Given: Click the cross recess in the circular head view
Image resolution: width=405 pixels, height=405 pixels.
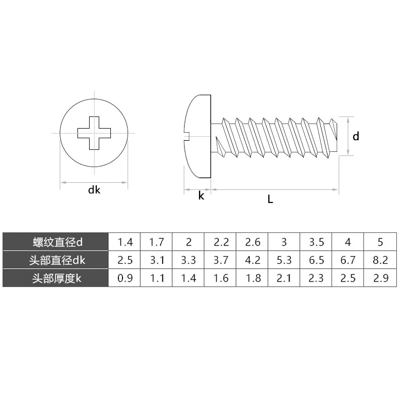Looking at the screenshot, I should (x=93, y=133).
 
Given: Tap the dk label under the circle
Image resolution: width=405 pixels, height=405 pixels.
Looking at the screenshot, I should (x=94, y=190).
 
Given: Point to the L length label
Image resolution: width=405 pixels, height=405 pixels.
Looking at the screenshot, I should (x=270, y=199).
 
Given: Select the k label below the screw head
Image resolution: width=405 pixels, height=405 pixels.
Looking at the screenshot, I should (x=201, y=196).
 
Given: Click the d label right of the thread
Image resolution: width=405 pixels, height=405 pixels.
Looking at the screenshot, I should (x=356, y=136).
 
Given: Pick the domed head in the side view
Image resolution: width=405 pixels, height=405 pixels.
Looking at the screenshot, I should (x=196, y=135).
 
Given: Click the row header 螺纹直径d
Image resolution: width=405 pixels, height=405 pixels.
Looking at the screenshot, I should (x=56, y=242).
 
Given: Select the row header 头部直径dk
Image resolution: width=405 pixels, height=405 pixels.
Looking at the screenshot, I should (x=56, y=261).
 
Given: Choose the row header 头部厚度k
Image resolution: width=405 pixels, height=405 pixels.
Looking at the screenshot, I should (x=56, y=278).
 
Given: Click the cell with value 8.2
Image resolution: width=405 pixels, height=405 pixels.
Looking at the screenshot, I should (x=380, y=261).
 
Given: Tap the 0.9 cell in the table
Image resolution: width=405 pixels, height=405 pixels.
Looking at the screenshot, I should (x=125, y=278).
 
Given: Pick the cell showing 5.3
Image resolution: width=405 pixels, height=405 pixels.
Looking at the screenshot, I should (x=284, y=261).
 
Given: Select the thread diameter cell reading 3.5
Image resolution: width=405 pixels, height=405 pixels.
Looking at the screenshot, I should (x=316, y=242).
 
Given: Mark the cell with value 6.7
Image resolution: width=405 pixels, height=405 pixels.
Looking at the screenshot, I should (x=348, y=261).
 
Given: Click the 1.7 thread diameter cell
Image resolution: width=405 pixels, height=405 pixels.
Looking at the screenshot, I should (x=156, y=242).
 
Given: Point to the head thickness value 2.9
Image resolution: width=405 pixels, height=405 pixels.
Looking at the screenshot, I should (x=380, y=278).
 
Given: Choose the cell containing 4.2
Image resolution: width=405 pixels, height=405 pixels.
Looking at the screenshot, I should (x=252, y=261).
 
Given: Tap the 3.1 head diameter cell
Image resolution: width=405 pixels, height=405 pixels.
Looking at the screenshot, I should (x=156, y=261).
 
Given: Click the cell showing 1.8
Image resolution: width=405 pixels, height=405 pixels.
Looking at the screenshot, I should (x=252, y=278).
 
